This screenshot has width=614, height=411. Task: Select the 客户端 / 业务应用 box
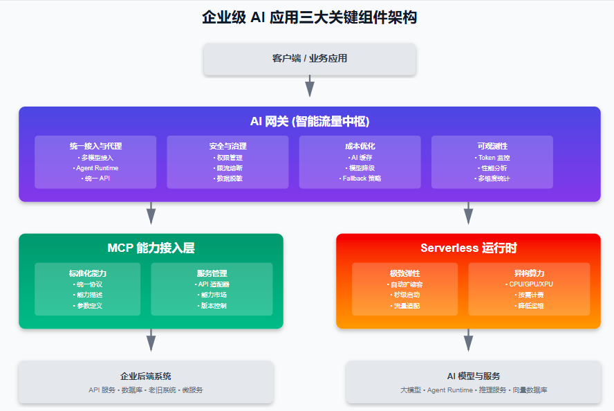[309, 58]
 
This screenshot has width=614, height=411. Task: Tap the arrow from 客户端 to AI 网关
[310, 86]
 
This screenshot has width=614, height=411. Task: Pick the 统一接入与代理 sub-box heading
[95, 146]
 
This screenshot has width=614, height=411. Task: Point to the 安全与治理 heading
[227, 146]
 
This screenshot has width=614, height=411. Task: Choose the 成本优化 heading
[360, 146]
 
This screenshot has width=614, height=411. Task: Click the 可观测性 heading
[492, 146]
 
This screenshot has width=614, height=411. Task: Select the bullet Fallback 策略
[360, 178]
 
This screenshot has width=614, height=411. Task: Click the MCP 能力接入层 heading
[151, 248]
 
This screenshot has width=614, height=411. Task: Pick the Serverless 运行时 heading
[468, 248]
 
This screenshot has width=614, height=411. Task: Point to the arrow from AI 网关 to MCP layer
[151, 213]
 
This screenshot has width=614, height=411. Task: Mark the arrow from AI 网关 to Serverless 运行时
[468, 213]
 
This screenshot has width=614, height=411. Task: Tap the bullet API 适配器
[212, 284]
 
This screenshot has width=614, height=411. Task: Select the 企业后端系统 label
[146, 376]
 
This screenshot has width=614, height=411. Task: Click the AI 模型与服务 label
[473, 376]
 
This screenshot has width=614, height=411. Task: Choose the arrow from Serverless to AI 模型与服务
[468, 340]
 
